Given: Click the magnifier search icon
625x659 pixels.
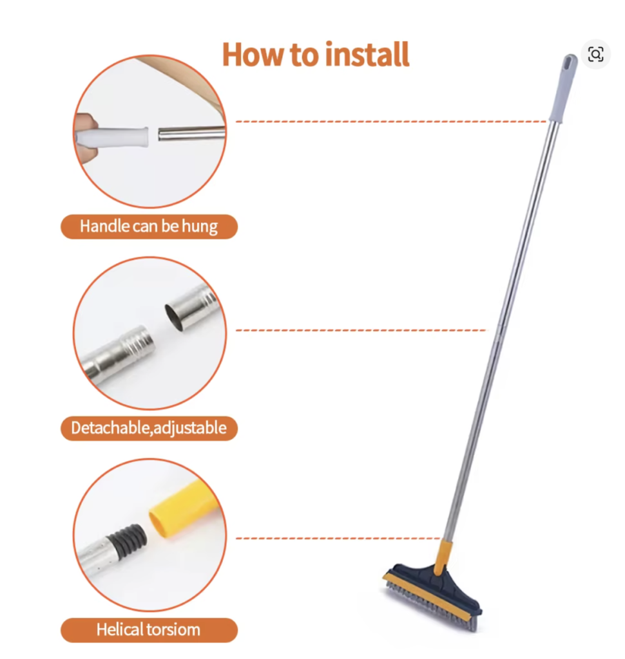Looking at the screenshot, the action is tap(595, 54).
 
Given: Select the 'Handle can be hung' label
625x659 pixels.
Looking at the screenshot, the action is tap(149, 227).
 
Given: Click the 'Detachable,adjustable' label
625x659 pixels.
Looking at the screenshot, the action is tap(149, 428).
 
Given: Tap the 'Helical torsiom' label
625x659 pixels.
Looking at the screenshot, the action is tap(149, 630).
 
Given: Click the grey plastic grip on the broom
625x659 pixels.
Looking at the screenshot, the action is tap(563, 89).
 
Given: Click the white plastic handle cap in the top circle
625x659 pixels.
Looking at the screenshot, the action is tap(112, 136).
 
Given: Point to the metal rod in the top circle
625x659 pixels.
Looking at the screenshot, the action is tap(192, 133).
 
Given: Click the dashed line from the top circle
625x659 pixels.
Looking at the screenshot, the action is tap(391, 122).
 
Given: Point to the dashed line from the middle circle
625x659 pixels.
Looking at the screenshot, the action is tap(361, 330).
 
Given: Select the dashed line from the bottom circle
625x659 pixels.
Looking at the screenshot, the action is tap(338, 539).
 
